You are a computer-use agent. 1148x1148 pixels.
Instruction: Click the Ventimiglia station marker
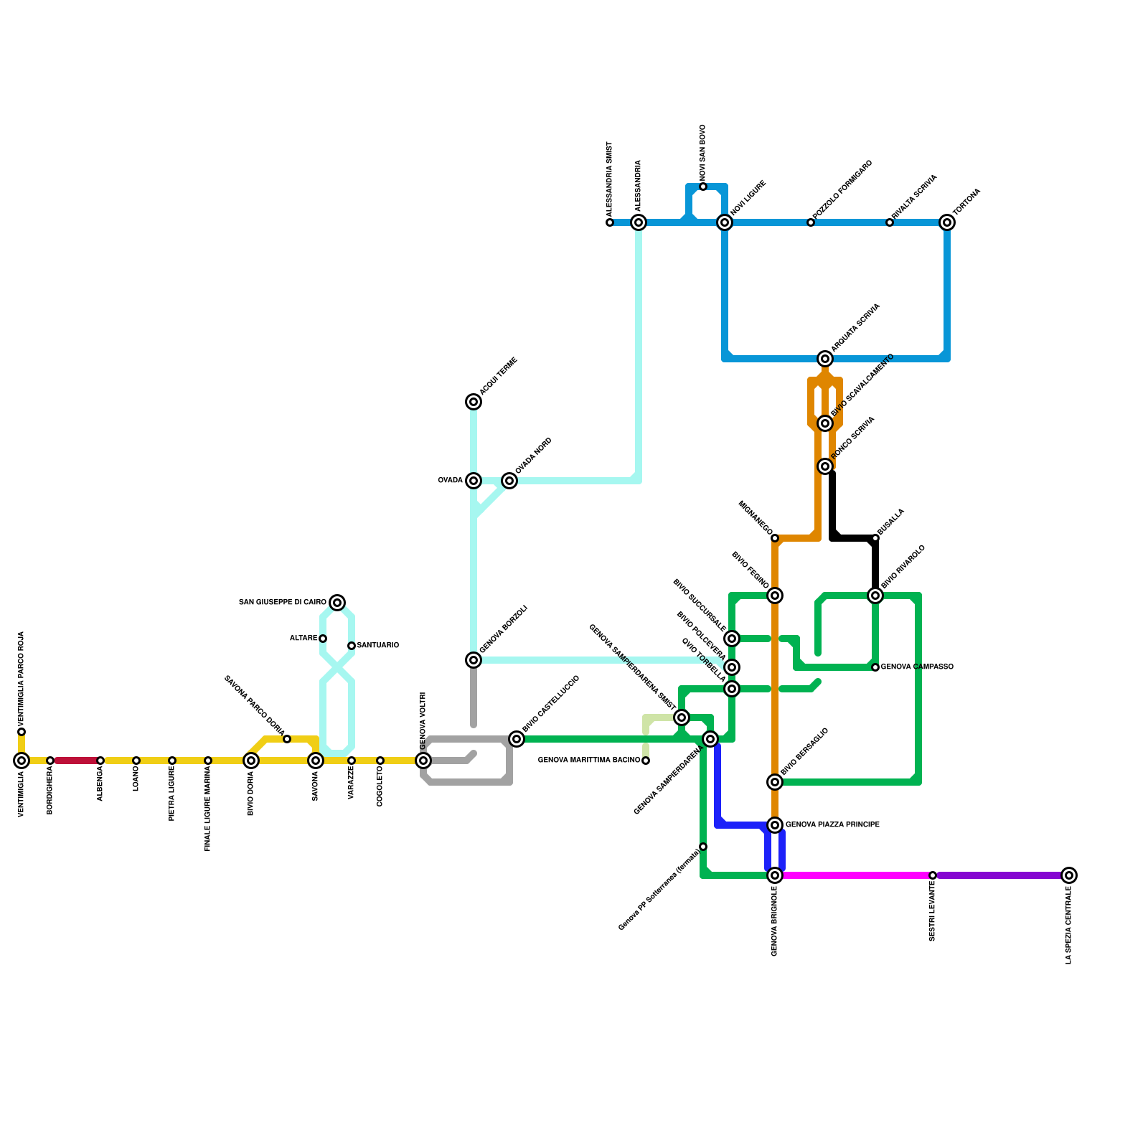22,761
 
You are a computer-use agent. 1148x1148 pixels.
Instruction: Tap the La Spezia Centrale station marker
1069,875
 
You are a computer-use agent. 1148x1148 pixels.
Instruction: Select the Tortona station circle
947,222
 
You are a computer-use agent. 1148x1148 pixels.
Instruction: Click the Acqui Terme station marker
474,402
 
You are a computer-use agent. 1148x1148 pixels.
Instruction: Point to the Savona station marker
316,761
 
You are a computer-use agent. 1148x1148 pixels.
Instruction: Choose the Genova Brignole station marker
775,875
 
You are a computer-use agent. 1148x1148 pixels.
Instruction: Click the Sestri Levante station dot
933,875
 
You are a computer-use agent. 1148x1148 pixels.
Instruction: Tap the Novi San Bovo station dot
703,187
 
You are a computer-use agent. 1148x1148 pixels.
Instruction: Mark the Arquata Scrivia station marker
825,359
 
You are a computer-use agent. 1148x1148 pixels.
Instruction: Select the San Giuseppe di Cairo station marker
337,603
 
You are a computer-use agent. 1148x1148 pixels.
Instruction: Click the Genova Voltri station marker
423,761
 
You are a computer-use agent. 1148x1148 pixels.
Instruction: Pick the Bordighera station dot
50,761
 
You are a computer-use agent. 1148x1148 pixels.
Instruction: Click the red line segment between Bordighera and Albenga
75,761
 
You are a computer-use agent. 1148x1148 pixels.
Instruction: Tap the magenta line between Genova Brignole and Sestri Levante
854,875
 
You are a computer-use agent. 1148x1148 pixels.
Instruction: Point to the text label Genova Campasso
917,667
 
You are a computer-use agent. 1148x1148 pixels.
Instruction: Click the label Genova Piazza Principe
832,825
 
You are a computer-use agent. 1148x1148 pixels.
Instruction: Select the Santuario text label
377,646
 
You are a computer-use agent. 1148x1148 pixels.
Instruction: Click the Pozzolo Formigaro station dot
811,222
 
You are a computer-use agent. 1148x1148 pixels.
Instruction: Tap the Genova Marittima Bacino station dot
646,761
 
